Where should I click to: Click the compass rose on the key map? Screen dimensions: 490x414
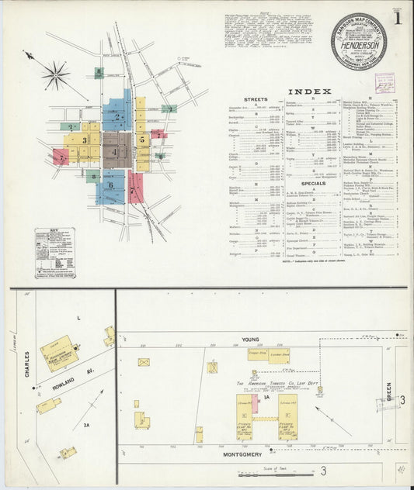coord(56,75)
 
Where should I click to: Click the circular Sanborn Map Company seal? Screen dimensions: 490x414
coord(358,42)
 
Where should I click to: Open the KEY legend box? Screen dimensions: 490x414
coord(54,252)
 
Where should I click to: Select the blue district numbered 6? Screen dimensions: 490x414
coord(110,186)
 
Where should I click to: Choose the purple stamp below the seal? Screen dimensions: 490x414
coord(384,81)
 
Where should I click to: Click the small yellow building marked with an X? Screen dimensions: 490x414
coord(144,362)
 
